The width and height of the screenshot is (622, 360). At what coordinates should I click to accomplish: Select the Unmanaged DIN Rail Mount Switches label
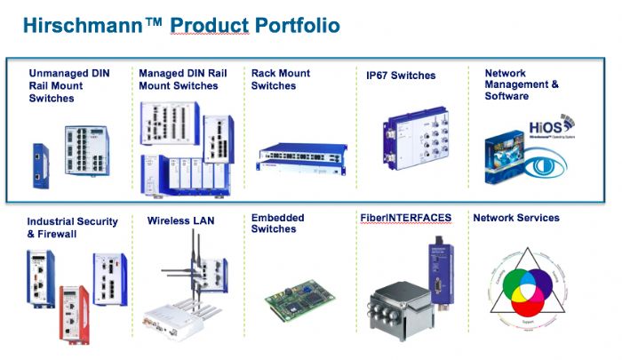[69, 85]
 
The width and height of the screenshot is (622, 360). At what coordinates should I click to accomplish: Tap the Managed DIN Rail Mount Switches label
[178, 79]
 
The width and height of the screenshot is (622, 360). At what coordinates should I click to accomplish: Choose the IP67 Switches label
[401, 76]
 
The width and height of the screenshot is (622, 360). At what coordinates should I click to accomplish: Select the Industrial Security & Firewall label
[70, 227]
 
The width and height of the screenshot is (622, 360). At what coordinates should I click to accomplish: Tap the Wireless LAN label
[180, 220]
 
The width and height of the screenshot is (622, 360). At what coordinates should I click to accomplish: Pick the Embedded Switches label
[277, 223]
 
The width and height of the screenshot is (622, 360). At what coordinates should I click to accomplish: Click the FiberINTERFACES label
[405, 218]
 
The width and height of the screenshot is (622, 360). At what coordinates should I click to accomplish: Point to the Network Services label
[515, 218]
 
